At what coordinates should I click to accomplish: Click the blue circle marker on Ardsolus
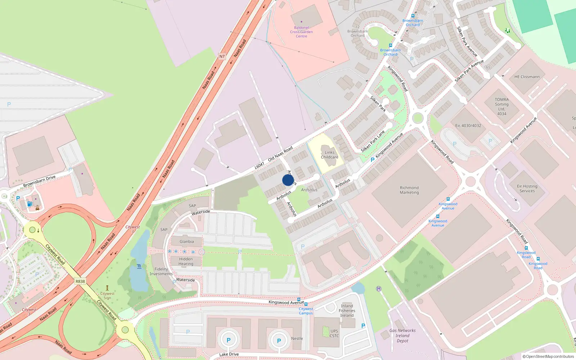288,180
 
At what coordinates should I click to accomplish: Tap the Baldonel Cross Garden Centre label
301,32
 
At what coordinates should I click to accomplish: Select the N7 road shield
222,56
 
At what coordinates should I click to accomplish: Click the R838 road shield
80,282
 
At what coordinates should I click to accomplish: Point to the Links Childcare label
329,155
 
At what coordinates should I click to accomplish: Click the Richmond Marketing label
409,190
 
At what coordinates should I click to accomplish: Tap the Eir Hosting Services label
527,189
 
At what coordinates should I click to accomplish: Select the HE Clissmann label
527,77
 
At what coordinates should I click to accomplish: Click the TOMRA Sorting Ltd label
502,107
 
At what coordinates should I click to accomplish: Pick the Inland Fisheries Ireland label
347,311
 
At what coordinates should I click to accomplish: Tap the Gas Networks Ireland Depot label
402,336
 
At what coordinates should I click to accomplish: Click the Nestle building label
297,338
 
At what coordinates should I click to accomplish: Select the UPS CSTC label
334,333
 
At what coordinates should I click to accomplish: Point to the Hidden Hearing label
186,261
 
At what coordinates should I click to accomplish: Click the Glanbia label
186,242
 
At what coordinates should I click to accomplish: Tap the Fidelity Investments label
161,271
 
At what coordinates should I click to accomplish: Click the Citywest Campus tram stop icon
306,304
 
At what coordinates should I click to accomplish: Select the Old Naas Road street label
280,154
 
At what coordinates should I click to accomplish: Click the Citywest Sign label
107,296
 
